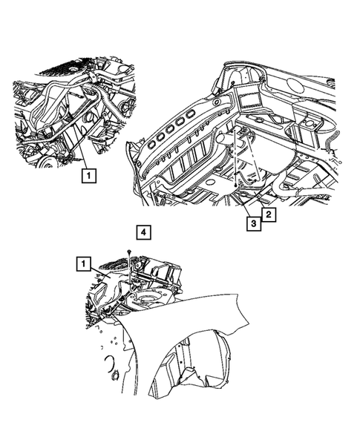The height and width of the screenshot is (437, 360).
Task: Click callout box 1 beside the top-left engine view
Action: pos(88,176)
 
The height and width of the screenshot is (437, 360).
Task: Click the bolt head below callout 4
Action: pos(130,253)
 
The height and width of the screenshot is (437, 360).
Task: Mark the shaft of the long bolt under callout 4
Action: pos(130,271)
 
